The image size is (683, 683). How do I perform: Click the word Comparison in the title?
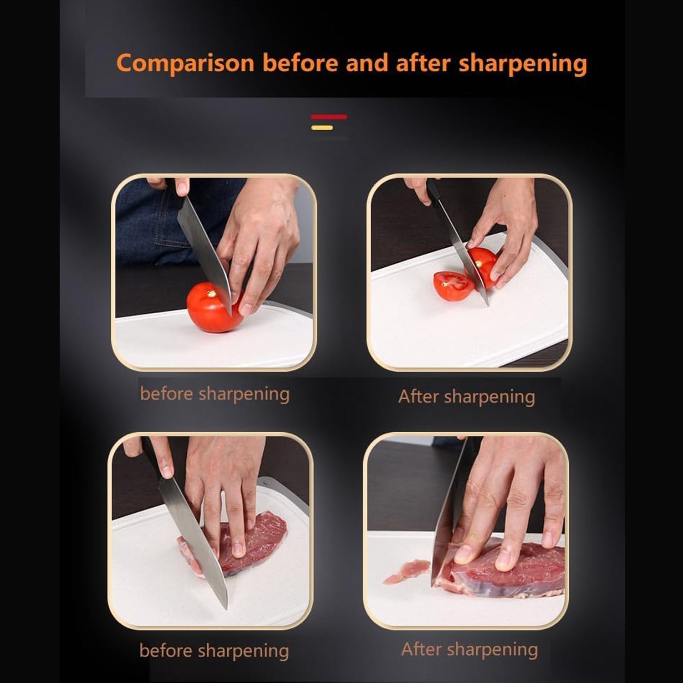pyautogui.click(x=184, y=63)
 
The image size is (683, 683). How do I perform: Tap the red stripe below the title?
pyautogui.click(x=329, y=117)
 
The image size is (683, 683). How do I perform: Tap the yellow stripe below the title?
pyautogui.click(x=322, y=128)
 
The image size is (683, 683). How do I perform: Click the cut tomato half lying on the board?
pyautogui.click(x=453, y=285)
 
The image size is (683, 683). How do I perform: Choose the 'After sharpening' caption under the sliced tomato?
pyautogui.click(x=466, y=397)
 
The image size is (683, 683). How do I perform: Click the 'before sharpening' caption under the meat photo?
pyautogui.click(x=214, y=651)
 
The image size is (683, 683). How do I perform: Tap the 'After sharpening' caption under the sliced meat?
pyautogui.click(x=469, y=650)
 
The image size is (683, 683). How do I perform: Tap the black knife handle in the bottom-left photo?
pyautogui.click(x=153, y=460)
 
